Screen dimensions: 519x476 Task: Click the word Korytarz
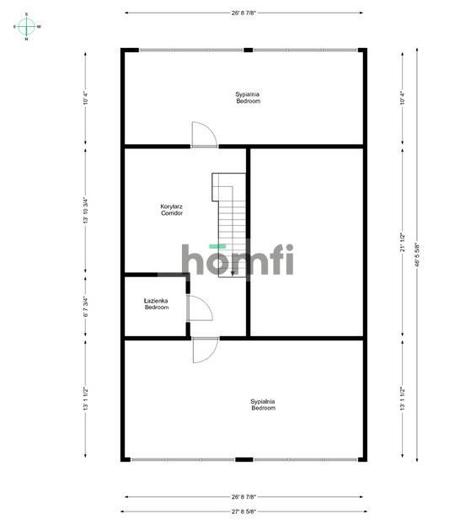(x=172, y=206)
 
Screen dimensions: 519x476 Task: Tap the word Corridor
(x=172, y=213)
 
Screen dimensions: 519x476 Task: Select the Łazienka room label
(x=156, y=301)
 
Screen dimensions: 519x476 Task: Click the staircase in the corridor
(x=229, y=227)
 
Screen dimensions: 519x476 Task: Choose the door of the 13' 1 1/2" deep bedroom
(x=205, y=350)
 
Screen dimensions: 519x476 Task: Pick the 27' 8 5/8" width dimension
(x=243, y=511)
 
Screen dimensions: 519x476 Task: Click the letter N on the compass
(x=26, y=39)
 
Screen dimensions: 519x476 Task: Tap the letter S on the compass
(x=26, y=14)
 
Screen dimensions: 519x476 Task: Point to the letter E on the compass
(x=14, y=27)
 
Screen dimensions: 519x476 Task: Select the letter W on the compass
(x=39, y=27)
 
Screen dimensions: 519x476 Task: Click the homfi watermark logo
(x=238, y=259)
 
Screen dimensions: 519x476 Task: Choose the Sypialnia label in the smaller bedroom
(x=248, y=98)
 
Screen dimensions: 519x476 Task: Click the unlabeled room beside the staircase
(x=308, y=240)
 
